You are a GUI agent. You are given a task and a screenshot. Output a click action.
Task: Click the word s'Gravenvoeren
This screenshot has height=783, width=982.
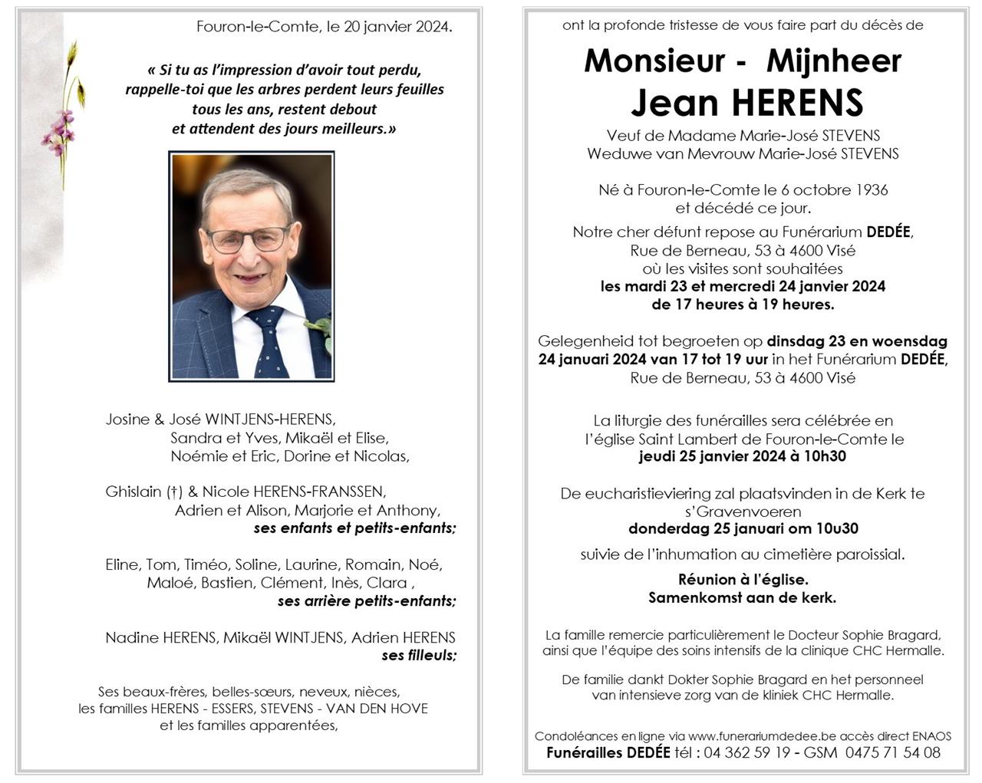tap(743, 512)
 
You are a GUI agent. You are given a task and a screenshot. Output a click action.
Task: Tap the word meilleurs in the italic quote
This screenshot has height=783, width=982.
tap(354, 129)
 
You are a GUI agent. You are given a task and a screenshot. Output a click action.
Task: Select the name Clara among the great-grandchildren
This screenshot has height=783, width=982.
tap(387, 583)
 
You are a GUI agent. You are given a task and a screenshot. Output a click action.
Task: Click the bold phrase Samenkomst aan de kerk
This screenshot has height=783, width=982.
tap(743, 597)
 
